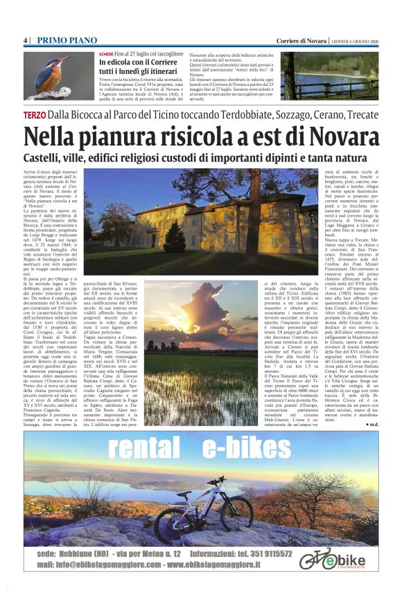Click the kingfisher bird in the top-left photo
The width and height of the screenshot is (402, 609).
coord(51,75)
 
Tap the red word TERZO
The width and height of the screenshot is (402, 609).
coord(35,114)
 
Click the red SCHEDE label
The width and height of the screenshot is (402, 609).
coord(106,54)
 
